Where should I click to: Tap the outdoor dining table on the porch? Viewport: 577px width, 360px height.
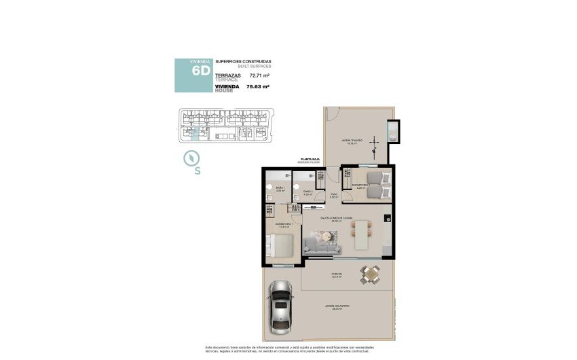[370, 274]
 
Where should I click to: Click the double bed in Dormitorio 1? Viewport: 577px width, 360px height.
[280, 245]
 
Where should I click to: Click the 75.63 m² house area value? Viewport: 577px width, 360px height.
[261, 87]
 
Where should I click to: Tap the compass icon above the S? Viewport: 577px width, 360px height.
[192, 158]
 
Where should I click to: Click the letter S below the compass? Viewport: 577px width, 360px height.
[197, 171]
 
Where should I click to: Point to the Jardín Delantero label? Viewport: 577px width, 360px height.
[337, 306]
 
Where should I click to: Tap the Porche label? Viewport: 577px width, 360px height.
[337, 275]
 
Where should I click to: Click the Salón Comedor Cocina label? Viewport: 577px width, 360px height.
[339, 218]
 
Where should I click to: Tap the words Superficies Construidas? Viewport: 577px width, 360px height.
[243, 62]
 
